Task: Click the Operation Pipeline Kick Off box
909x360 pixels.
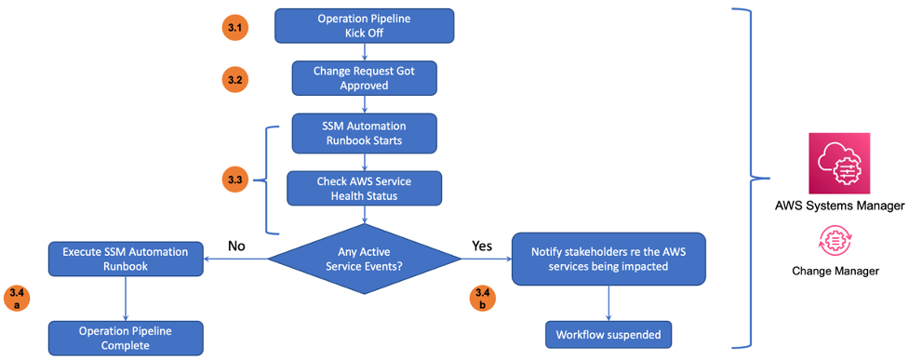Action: click(364, 25)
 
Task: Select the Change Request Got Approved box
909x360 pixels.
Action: click(364, 78)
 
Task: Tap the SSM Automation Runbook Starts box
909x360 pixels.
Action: click(364, 134)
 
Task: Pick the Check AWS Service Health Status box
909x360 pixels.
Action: click(364, 189)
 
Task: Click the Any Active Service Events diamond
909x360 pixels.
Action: click(365, 260)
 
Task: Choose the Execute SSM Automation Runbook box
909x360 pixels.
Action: click(126, 260)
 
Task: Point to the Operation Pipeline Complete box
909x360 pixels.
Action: click(126, 338)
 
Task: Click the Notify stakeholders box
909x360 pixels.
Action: click(608, 260)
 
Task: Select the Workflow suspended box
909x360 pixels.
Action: click(608, 335)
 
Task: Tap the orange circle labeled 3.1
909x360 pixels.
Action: click(235, 27)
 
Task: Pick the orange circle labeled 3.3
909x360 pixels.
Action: click(235, 180)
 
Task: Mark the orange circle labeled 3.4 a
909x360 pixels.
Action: click(17, 299)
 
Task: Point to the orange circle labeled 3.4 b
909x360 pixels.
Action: click(482, 299)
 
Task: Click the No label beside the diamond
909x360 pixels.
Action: click(236, 246)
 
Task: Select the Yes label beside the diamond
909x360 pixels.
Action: click(482, 246)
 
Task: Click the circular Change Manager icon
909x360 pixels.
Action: click(833, 241)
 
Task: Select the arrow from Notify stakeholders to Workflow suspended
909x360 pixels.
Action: click(608, 303)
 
